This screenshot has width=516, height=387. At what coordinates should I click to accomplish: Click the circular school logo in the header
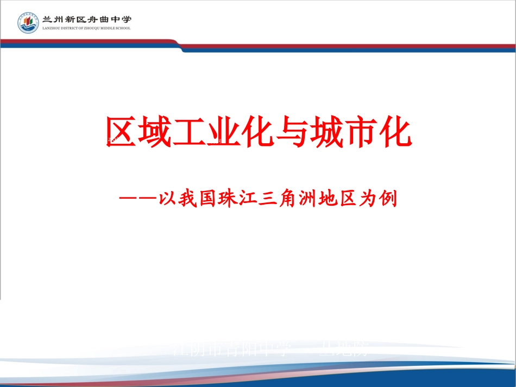tap(28, 23)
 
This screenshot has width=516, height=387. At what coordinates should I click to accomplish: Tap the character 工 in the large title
tap(189, 132)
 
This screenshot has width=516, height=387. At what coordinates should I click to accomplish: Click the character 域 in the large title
tap(155, 132)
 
